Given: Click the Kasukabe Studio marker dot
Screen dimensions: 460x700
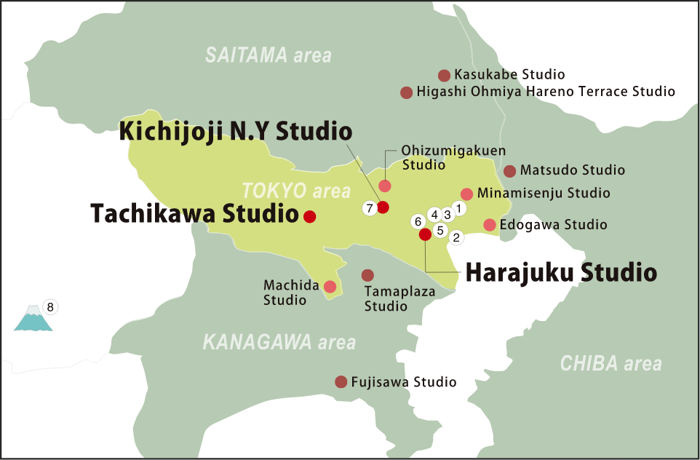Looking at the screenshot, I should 444,75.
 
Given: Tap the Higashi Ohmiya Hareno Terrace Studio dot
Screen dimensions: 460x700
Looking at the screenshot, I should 407,92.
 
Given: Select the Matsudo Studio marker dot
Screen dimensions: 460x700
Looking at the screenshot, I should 509,171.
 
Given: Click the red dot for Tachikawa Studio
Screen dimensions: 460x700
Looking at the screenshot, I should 309,216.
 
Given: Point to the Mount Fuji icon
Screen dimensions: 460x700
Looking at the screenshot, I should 33,319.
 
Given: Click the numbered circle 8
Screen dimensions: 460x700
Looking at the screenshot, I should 50,306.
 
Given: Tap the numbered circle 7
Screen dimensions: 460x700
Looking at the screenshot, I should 370,208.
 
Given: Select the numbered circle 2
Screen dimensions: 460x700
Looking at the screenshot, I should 457,237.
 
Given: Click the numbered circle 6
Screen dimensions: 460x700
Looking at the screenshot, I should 417,221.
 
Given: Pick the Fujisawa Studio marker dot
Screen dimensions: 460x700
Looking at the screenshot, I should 341,382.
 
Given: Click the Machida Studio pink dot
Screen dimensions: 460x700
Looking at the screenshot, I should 330,286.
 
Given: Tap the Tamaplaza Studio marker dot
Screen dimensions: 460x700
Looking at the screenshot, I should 367,275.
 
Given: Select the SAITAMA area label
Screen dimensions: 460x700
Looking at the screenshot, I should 268,55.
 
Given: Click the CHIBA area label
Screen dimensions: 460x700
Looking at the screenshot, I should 610,363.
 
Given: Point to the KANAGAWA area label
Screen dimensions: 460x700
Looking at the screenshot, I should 279,341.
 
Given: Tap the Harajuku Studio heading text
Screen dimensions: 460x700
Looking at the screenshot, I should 560,273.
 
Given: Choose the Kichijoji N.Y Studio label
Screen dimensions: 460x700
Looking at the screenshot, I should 236,132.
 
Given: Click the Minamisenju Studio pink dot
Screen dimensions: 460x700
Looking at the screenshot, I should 467,194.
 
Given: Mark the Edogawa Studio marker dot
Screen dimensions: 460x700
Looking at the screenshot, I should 490,224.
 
